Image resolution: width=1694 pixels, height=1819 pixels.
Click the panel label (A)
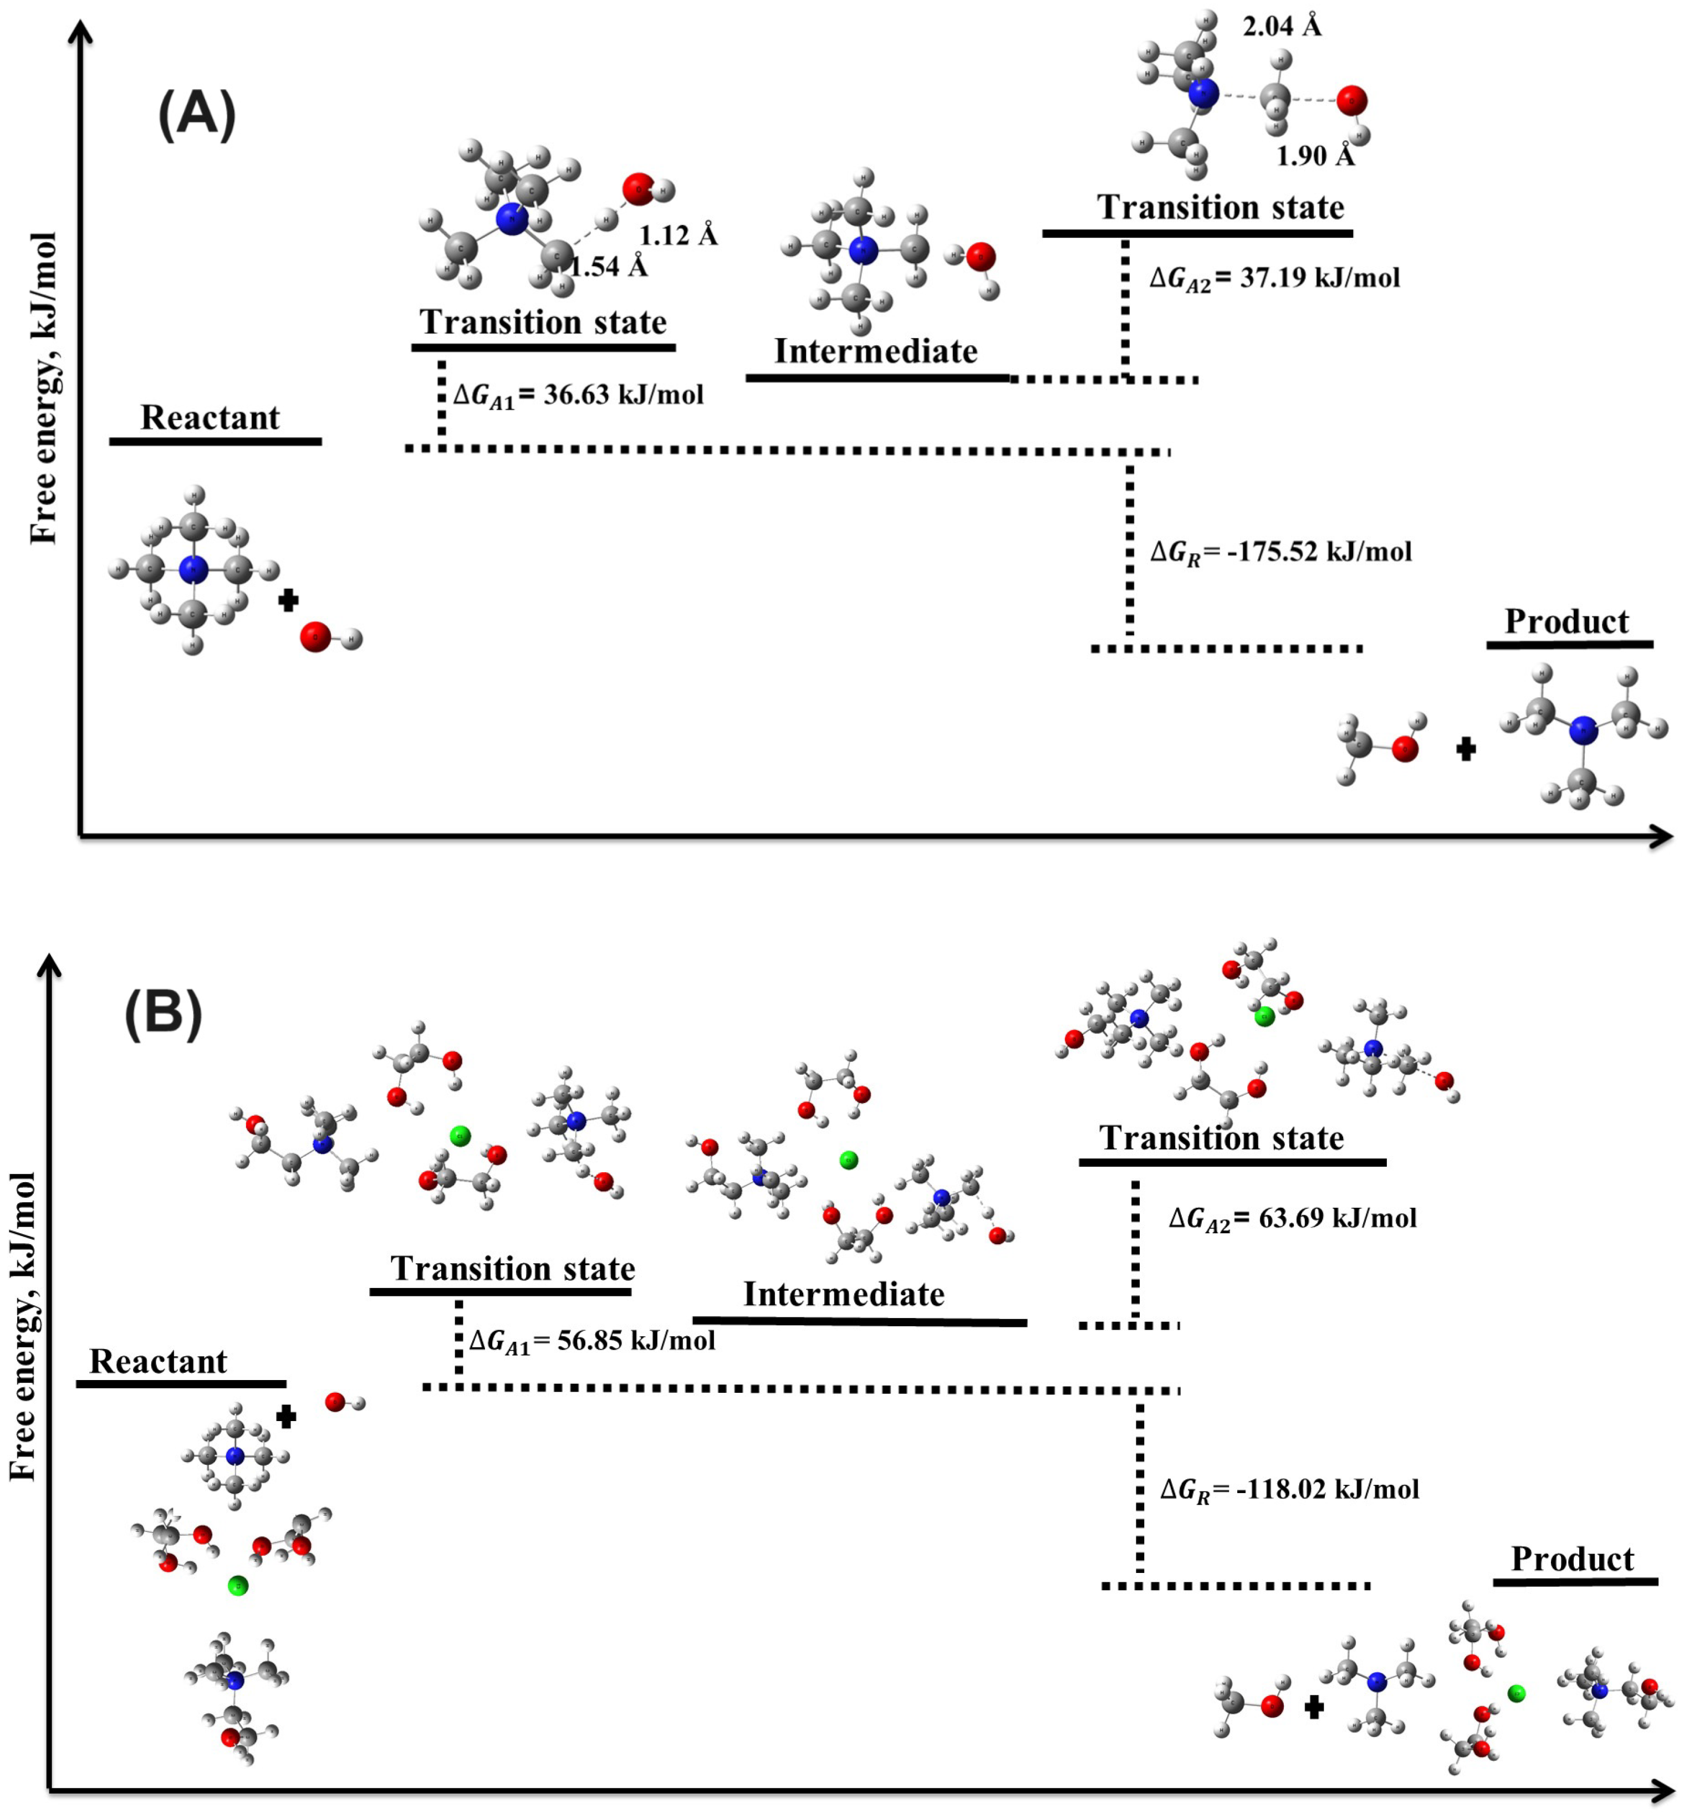point(197,116)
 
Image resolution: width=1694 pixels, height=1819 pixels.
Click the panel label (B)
point(163,1014)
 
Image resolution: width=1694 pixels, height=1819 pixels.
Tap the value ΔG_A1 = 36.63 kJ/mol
point(578,395)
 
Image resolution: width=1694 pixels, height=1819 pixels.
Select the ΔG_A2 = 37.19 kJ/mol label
point(1274,278)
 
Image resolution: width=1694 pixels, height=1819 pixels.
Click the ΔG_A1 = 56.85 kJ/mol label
point(592,1341)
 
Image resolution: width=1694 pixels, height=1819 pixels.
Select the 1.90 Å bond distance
point(1315,156)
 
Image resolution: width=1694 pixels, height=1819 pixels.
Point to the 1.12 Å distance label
point(678,236)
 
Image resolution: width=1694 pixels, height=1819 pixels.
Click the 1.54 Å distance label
point(609,267)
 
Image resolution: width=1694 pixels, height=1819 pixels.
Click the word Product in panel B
point(1571,1559)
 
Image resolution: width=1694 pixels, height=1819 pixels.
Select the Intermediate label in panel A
point(876,351)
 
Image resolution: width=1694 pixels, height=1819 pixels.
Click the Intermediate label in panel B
point(843,1295)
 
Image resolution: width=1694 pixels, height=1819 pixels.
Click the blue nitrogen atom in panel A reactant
point(193,571)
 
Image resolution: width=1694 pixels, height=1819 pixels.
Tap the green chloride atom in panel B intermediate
point(848,1160)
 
